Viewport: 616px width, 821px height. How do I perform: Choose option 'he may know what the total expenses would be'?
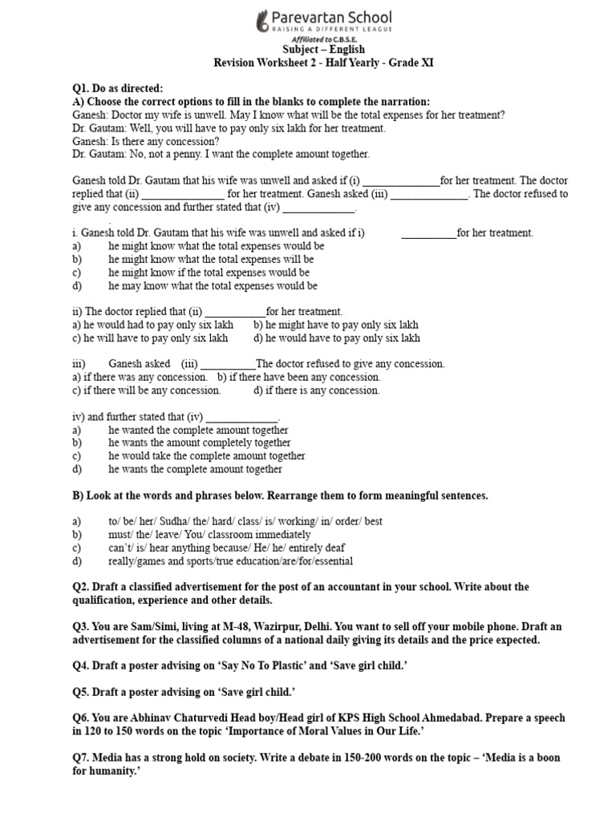coord(213,285)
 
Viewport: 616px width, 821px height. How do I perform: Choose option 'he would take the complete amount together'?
coord(207,455)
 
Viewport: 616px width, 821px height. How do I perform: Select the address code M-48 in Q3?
coord(213,628)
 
